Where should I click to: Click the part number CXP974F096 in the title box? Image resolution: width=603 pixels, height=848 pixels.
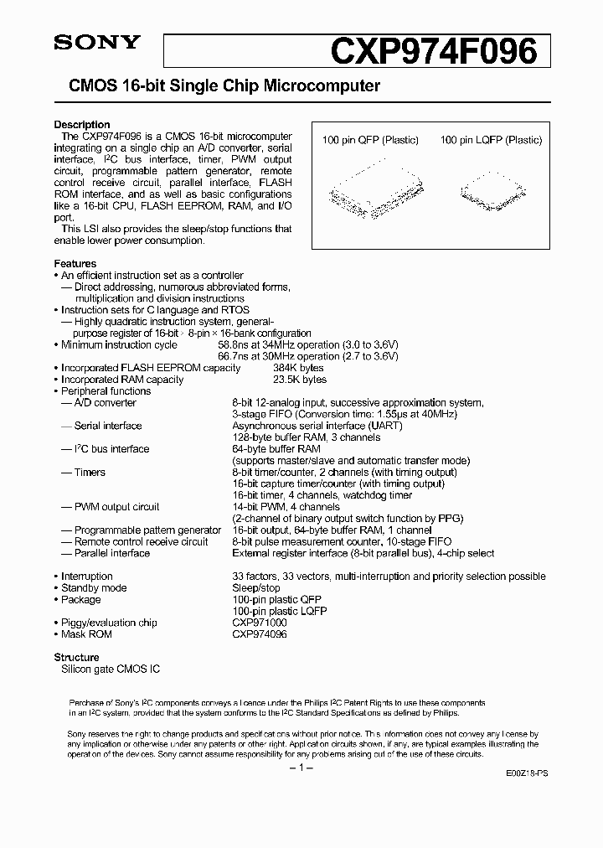[434, 52]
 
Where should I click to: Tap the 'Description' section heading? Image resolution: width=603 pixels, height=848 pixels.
[82, 125]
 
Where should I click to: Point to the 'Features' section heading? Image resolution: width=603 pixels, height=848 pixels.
[75, 263]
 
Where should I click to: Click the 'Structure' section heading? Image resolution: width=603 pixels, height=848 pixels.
[76, 658]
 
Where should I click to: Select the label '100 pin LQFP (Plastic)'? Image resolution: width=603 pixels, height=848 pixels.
[491, 141]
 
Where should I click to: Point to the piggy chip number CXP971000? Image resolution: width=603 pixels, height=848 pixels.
[259, 623]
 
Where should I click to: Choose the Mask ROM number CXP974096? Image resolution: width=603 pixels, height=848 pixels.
[259, 634]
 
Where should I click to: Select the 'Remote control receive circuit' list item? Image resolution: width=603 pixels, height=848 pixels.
[141, 541]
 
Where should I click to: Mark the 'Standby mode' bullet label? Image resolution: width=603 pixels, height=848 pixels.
[94, 588]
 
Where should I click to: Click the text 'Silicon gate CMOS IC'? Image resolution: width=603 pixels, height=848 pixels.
[110, 669]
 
